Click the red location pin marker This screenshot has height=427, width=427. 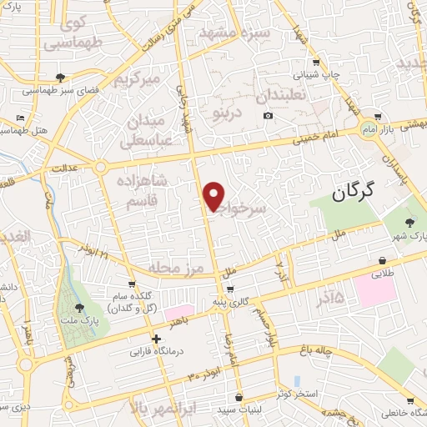(x=213, y=197)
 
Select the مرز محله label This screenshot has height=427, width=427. (x=176, y=267)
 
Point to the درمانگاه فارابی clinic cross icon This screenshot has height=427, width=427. (x=157, y=339)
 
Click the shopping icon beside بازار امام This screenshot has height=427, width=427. (x=379, y=117)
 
